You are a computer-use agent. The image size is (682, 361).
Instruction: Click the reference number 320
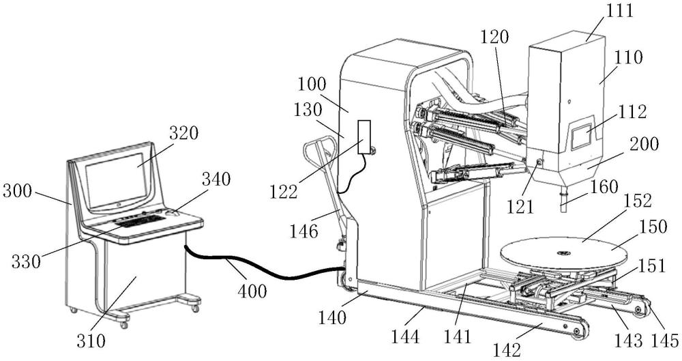point(183,133)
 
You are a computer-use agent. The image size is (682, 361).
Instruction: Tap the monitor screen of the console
point(117,180)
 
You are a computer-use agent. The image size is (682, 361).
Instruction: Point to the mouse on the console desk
point(173,213)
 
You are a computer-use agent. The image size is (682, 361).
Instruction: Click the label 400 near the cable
point(252,290)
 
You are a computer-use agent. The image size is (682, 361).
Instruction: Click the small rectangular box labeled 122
point(364,136)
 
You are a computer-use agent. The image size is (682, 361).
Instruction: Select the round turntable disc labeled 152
point(564,253)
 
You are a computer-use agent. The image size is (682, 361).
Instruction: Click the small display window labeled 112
point(580,136)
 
